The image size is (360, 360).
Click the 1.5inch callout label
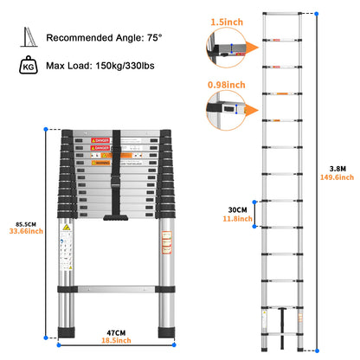tap(227, 18)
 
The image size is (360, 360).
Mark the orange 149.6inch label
tap(340, 179)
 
